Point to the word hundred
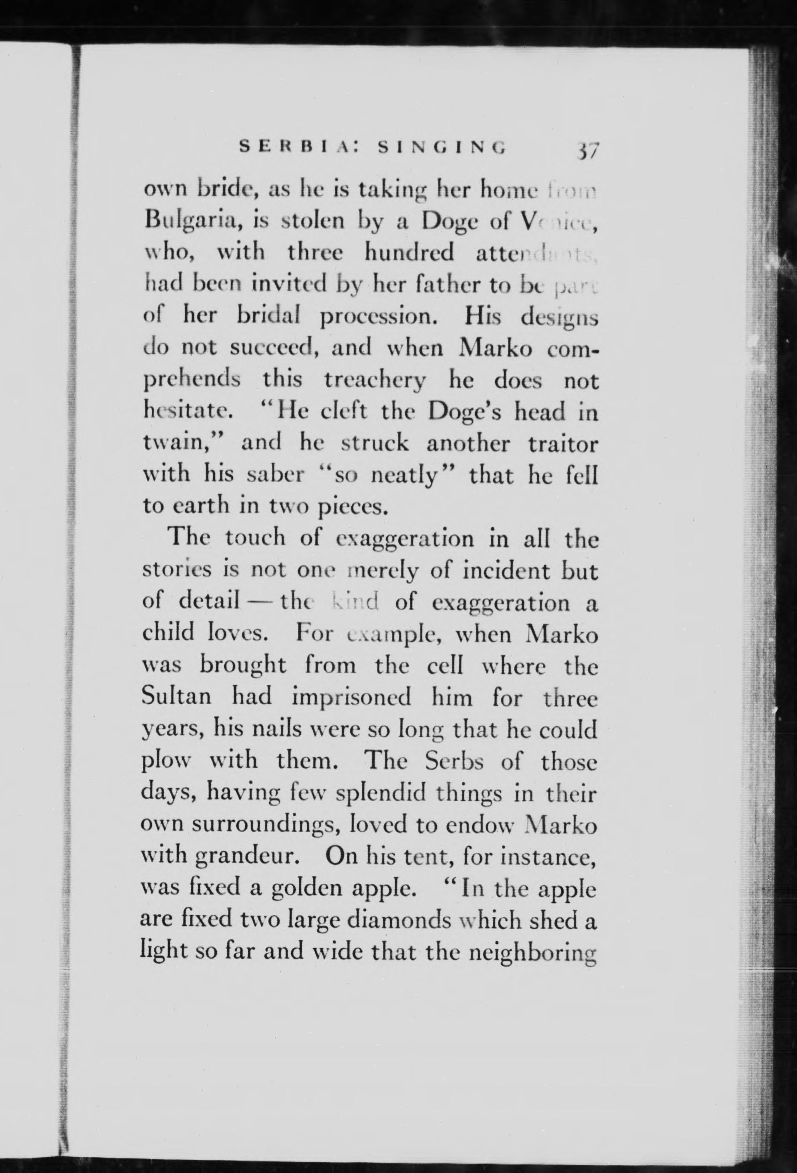(x=409, y=253)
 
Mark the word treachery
(x=370, y=381)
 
